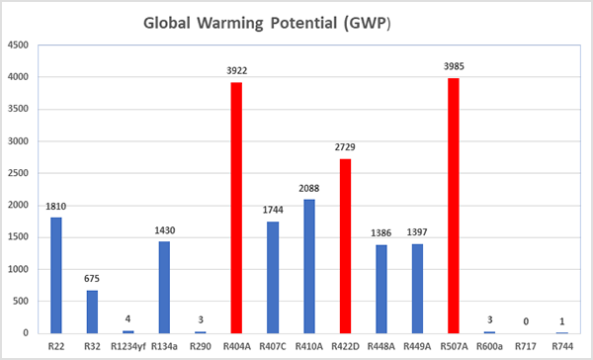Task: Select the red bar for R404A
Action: coord(237,208)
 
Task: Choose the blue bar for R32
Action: coord(92,312)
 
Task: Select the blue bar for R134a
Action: coord(164,287)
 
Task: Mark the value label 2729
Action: coord(345,147)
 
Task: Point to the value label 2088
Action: coord(309,188)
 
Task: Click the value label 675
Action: coord(92,279)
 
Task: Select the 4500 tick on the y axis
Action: coord(18,45)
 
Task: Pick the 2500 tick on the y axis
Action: coord(18,173)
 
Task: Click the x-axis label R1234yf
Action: coord(127,345)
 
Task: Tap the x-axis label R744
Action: coord(561,345)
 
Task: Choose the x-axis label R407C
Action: coord(273,345)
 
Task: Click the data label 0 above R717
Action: coord(526,321)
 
